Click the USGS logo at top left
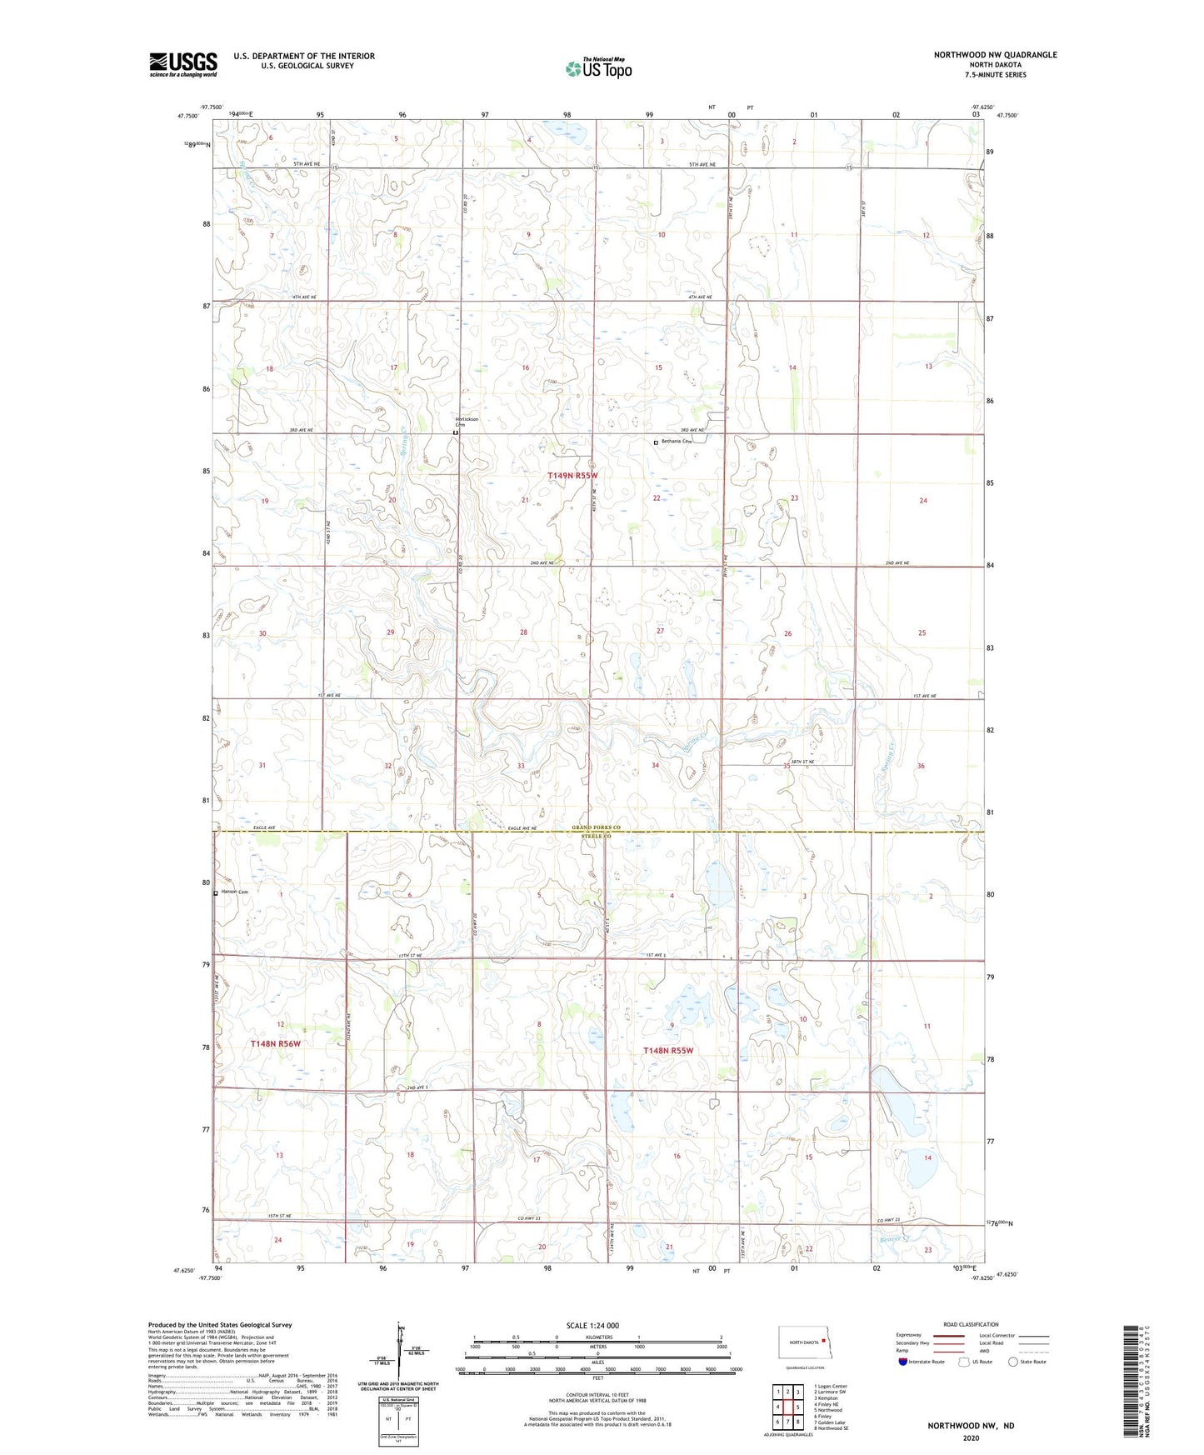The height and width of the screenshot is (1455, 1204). click(x=183, y=64)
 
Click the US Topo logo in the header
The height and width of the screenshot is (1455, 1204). click(x=597, y=68)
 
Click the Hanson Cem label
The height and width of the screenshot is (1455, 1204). click(x=234, y=892)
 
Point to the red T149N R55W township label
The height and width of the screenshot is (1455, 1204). click(x=572, y=475)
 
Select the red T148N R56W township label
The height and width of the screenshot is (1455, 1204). click(x=275, y=1043)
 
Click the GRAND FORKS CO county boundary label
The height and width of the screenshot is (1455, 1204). click(x=597, y=827)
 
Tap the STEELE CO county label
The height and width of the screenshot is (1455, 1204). click(x=597, y=835)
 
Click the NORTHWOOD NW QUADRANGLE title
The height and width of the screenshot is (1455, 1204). click(x=995, y=55)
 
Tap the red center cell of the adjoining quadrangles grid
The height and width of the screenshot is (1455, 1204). click(x=787, y=1407)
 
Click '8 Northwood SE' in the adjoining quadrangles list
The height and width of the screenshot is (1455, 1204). click(x=831, y=1428)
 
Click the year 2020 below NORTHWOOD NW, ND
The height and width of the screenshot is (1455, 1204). click(x=971, y=1437)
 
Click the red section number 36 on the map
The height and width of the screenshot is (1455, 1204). click(x=921, y=766)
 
